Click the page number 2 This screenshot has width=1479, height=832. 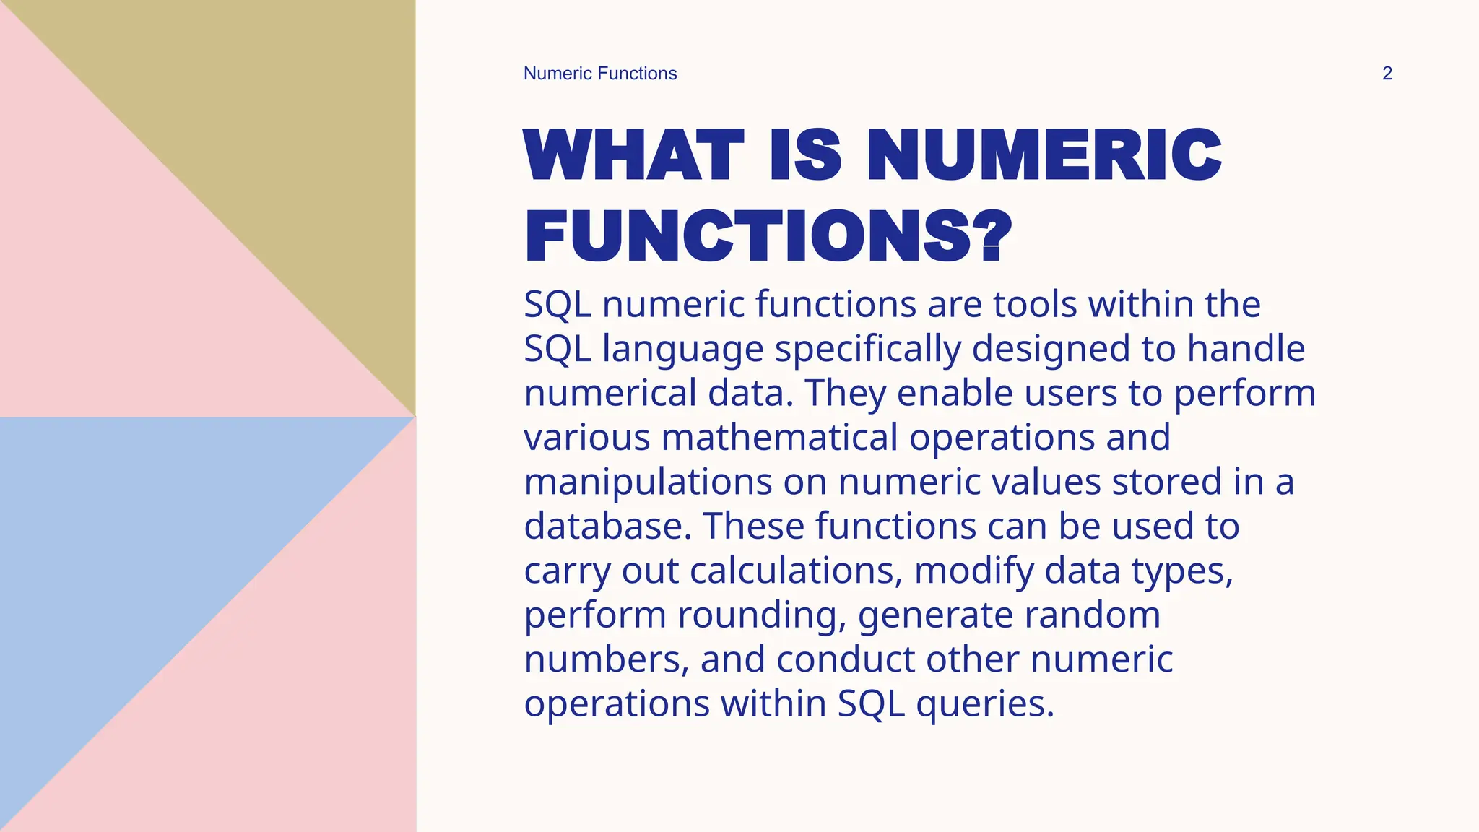point(1387,74)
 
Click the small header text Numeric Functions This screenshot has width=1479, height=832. point(600,74)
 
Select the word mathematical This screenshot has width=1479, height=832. point(779,438)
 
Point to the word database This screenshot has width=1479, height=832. point(607,526)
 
